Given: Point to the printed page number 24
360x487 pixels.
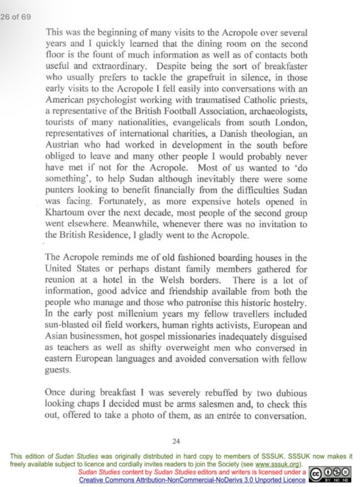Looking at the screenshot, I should [x=175, y=441].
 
